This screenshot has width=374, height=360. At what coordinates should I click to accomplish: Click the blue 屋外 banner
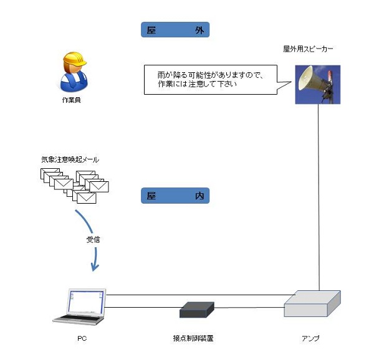pyautogui.click(x=175, y=30)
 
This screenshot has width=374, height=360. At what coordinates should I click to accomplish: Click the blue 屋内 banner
pyautogui.click(x=175, y=196)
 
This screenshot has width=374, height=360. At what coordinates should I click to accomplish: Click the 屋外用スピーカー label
pyautogui.click(x=309, y=48)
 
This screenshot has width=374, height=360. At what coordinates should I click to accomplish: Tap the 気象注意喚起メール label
pyautogui.click(x=70, y=159)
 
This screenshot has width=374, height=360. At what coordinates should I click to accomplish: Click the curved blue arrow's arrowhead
pyautogui.click(x=95, y=268)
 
